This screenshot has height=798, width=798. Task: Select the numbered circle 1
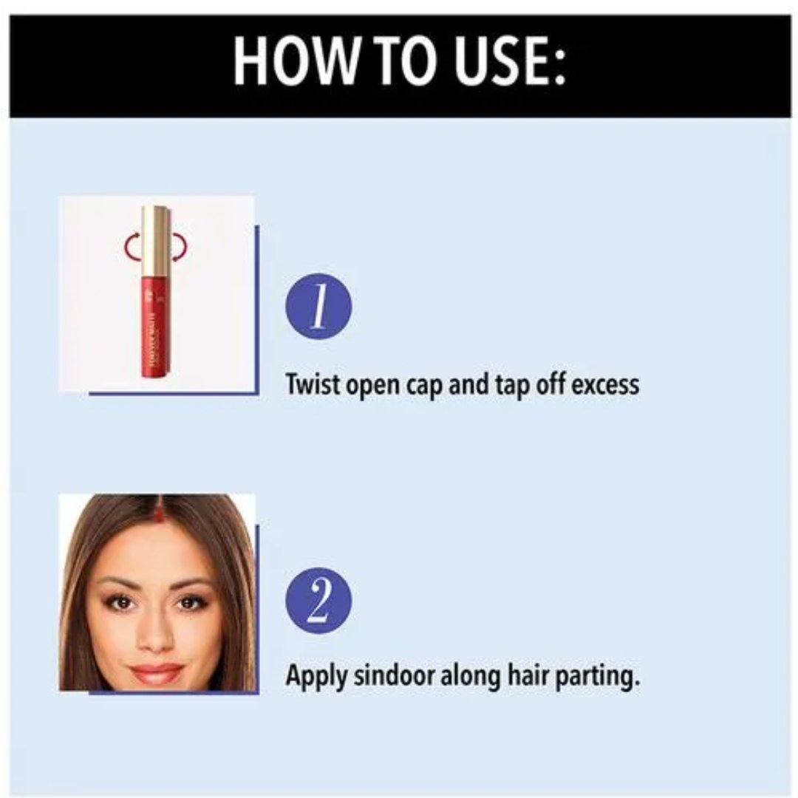coord(318,307)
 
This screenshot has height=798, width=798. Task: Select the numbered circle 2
coord(318,601)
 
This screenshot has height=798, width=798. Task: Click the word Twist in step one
coord(313,383)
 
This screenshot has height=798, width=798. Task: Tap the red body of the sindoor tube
coord(153,327)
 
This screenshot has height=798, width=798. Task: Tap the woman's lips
coord(157,672)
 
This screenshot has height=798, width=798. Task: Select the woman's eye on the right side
coord(190,603)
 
